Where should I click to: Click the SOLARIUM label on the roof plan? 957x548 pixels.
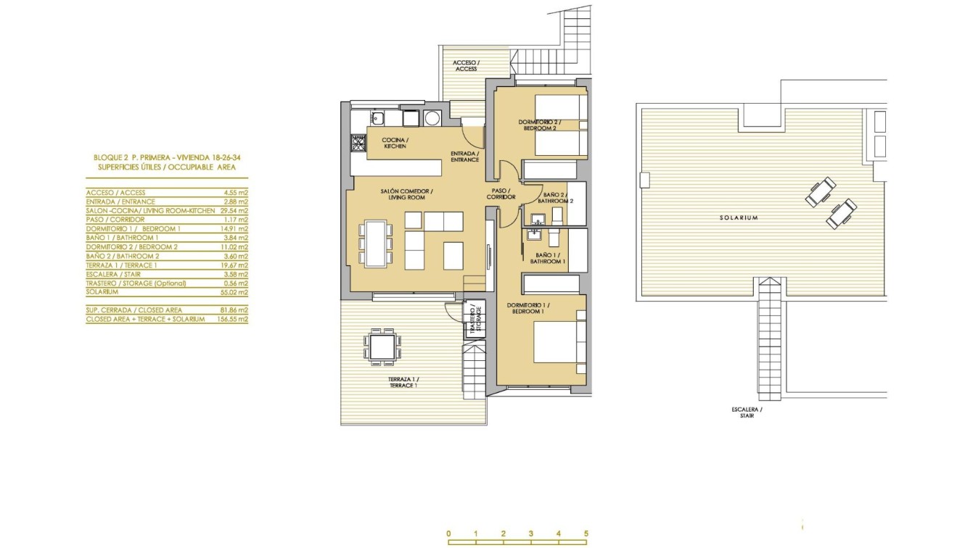pos(739,217)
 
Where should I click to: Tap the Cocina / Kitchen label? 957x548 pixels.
pos(394,143)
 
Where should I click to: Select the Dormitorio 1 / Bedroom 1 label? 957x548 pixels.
pos(528,308)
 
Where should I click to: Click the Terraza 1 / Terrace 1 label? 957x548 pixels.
pos(403,383)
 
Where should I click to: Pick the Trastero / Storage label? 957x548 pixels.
pos(475,319)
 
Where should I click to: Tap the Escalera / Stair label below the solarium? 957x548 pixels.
pos(747,412)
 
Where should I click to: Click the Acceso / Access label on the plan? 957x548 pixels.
pos(465,66)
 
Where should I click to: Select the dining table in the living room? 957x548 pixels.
pos(375,244)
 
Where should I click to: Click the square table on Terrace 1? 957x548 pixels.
pos(380,346)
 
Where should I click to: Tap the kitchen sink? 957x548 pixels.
pos(378,118)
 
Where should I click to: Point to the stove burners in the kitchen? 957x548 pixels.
pos(357,144)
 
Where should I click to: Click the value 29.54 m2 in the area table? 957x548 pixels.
pos(234,210)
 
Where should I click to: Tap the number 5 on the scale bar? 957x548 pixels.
pos(586,534)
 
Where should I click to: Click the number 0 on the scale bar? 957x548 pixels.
pos(448,534)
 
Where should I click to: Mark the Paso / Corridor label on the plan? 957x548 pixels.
pos(501,193)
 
